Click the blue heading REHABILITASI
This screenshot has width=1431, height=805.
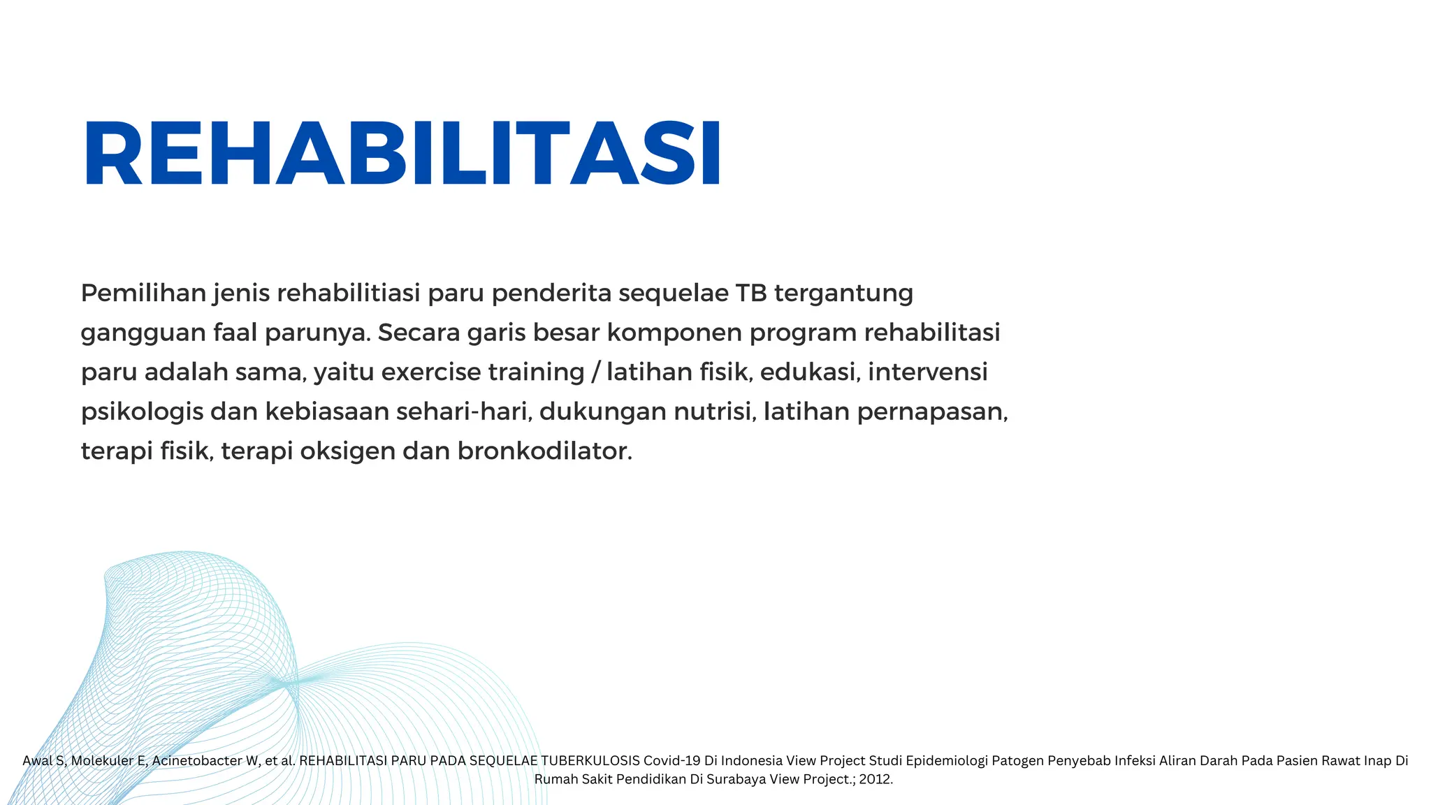(x=402, y=154)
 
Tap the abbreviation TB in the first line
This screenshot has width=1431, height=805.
(x=750, y=293)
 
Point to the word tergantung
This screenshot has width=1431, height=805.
(x=843, y=294)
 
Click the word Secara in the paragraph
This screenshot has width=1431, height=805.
(x=419, y=333)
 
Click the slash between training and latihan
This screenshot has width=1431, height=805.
(x=595, y=372)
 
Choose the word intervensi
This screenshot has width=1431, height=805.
(x=928, y=372)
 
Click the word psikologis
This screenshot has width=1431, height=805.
(x=142, y=412)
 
